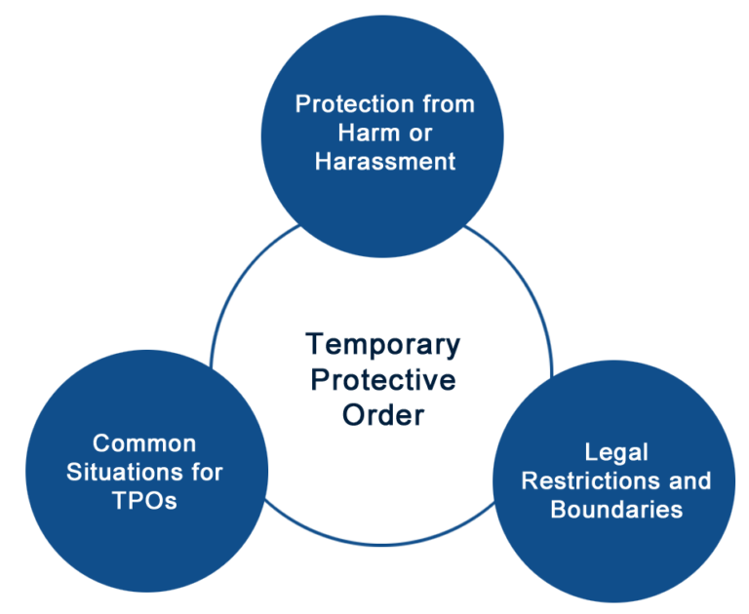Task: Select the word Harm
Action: [370, 132]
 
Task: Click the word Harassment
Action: [384, 161]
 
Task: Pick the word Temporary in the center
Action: [382, 344]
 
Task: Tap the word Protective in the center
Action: [382, 379]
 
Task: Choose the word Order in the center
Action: [382, 414]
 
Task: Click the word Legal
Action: [616, 452]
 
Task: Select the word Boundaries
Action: [616, 510]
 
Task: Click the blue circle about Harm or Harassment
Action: [384, 58]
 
